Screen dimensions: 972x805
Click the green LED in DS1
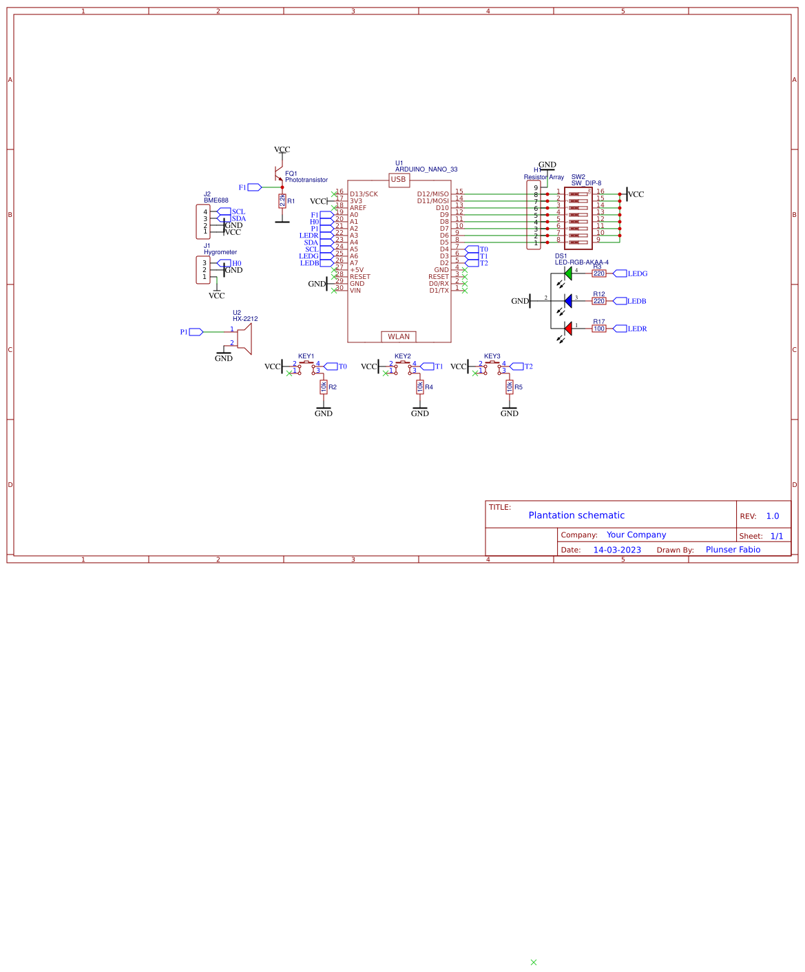568,273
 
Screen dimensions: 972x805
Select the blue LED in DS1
568,301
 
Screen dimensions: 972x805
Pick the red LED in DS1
568,329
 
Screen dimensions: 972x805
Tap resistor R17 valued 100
599,329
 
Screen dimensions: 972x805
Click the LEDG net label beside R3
637,273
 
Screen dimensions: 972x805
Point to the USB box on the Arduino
399,180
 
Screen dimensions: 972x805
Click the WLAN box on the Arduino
399,337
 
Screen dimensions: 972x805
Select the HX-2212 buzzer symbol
244,338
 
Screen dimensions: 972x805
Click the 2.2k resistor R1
282,200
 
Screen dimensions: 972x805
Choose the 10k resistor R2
324,387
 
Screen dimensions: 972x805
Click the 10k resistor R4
420,387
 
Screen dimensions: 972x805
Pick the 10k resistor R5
510,387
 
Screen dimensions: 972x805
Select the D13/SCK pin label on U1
364,194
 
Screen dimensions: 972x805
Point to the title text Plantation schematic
576,515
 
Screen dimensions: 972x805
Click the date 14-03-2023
617,550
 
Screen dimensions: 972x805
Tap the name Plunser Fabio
733,550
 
